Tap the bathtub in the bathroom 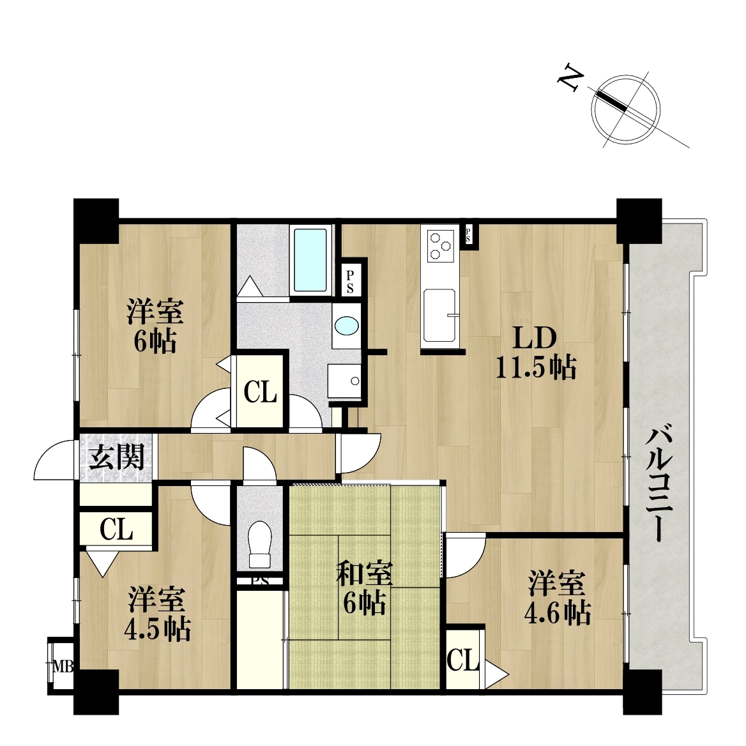(x=310, y=260)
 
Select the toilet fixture (x=260, y=544)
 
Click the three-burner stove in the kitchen (x=439, y=245)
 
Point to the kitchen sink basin (x=439, y=315)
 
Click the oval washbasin (x=346, y=326)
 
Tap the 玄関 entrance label (x=116, y=458)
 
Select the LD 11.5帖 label (x=537, y=352)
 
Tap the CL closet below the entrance (x=116, y=529)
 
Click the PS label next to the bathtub (x=350, y=282)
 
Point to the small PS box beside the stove (x=468, y=234)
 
